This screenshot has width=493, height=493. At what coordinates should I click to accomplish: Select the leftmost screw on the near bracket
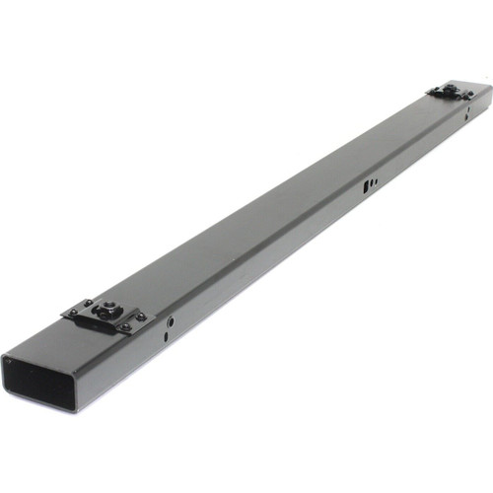72,314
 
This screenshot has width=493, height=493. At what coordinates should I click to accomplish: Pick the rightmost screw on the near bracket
140,317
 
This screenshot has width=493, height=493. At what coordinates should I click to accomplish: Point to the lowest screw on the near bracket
124,329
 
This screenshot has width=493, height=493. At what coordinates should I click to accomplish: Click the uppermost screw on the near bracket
88,303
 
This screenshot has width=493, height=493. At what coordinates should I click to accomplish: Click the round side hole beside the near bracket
170,321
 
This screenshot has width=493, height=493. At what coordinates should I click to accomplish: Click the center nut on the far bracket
450,91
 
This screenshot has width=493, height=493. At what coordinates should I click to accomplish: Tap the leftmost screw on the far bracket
431,92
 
